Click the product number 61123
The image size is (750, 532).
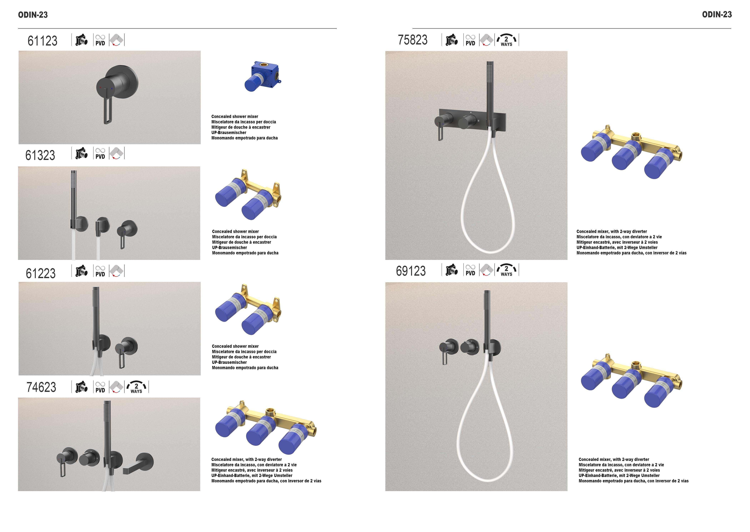click(42, 41)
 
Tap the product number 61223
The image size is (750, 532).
click(41, 273)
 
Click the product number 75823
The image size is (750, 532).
click(412, 40)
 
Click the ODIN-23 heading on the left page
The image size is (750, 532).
click(33, 15)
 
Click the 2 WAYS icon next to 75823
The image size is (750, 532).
click(506, 40)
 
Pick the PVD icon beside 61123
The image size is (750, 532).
click(100, 40)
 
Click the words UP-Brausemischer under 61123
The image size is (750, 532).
click(229, 133)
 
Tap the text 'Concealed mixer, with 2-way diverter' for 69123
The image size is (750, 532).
click(613, 460)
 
